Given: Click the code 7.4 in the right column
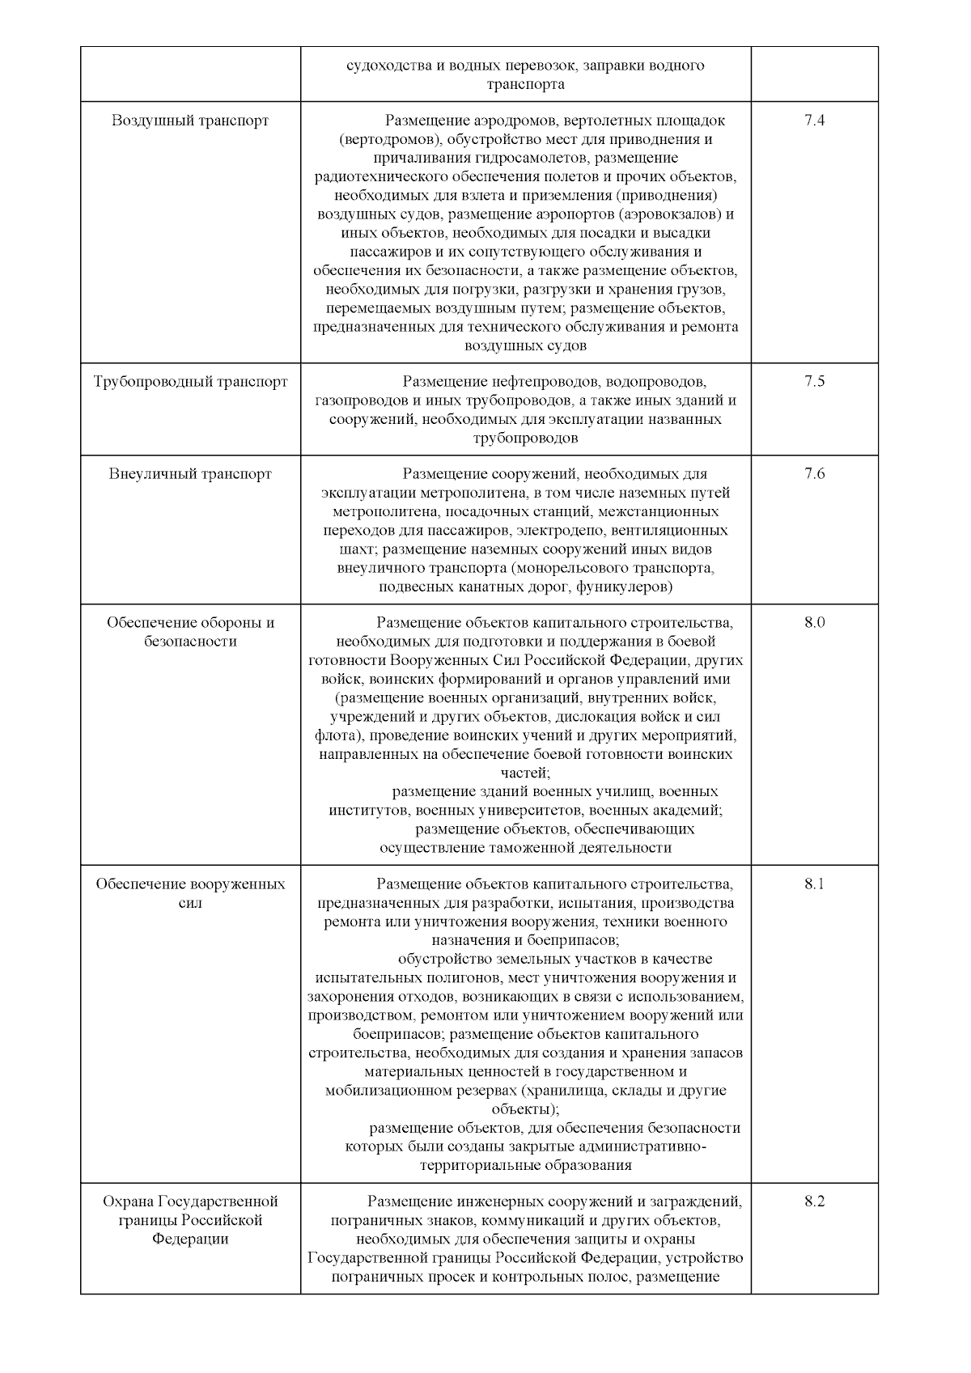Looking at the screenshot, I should click(x=814, y=121).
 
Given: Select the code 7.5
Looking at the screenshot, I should click(x=814, y=381).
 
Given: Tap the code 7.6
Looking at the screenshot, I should click(x=814, y=474).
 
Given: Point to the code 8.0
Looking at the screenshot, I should click(x=814, y=623).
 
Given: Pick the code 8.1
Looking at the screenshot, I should click(x=814, y=884).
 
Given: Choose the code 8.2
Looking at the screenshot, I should click(x=814, y=1201).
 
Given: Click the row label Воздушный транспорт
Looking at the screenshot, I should click(x=190, y=121).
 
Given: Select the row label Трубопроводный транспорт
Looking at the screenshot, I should click(x=190, y=381).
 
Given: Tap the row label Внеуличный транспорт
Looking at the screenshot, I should click(x=190, y=474).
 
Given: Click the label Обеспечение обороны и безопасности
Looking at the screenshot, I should click(x=190, y=632).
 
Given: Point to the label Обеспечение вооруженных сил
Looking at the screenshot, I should click(x=190, y=892).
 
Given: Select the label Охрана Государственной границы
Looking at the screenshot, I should click(x=190, y=1219).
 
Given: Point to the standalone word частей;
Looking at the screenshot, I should click(x=525, y=773).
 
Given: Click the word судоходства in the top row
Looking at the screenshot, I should click(x=387, y=66).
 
